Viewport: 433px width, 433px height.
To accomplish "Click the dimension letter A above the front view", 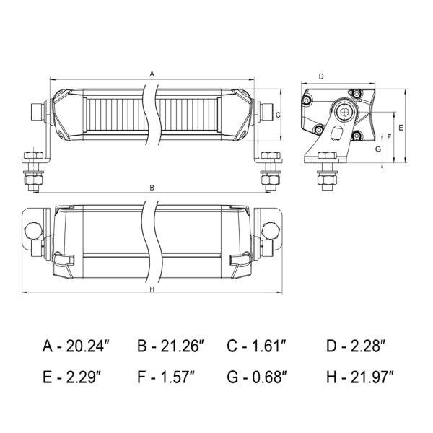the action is (x=152, y=74).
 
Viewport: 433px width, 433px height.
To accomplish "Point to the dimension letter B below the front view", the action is (x=152, y=188).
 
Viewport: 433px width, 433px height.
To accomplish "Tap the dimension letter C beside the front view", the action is (x=278, y=115).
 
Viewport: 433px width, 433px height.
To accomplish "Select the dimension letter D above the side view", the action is (x=321, y=76).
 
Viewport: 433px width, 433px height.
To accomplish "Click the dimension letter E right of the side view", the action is (x=401, y=128).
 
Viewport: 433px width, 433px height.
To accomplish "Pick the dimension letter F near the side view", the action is (x=390, y=137).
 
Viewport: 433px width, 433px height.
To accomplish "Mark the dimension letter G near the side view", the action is (x=378, y=149).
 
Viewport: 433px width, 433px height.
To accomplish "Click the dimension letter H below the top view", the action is (x=152, y=289).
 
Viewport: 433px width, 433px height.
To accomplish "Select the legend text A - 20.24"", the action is (x=76, y=346).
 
